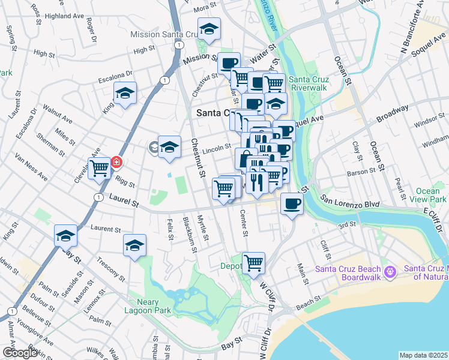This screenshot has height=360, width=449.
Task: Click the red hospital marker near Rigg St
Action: (116, 162)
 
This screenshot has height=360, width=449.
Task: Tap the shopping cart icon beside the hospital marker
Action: (99, 167)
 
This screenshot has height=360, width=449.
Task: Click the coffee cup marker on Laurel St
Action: (292, 204)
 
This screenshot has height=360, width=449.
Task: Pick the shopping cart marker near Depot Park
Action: (253, 262)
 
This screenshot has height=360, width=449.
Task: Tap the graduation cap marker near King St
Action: (125, 93)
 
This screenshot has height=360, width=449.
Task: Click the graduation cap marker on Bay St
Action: (65, 236)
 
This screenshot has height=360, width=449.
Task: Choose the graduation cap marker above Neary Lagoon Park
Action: (135, 245)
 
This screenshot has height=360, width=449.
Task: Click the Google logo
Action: (20, 353)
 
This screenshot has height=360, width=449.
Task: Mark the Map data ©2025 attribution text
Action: (424, 355)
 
